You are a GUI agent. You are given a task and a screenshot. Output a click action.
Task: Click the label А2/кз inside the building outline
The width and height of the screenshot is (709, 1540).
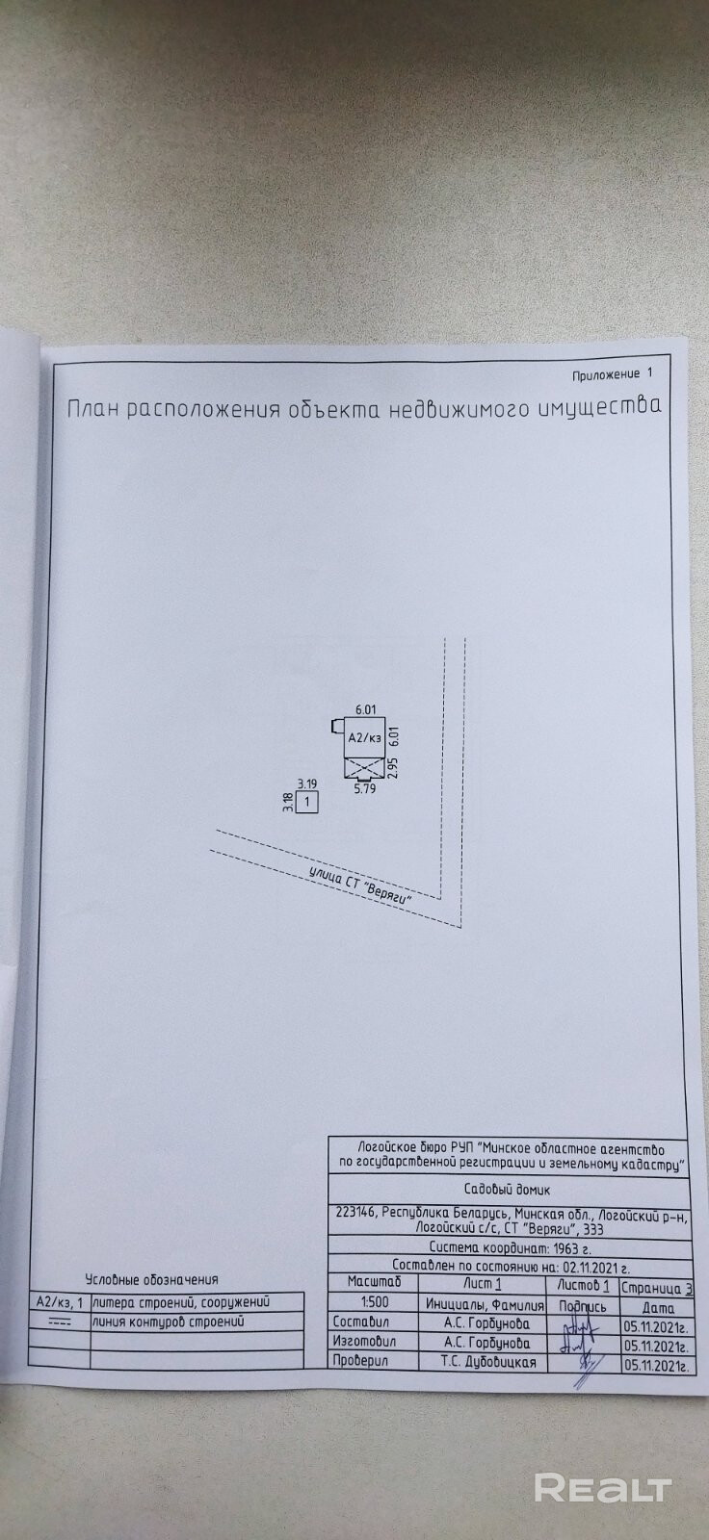pyautogui.click(x=365, y=739)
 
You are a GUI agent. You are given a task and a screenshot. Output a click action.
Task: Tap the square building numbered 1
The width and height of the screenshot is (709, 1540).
pyautogui.click(x=307, y=801)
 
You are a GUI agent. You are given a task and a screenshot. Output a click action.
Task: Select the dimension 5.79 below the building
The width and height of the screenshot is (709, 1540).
pyautogui.click(x=363, y=788)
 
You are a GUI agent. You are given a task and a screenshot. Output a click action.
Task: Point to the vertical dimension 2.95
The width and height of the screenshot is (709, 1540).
pyautogui.click(x=393, y=766)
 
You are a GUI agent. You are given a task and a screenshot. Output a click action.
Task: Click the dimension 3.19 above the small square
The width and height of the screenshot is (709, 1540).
pyautogui.click(x=306, y=783)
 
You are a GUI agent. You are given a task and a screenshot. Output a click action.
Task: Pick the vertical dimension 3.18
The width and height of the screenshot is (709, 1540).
pyautogui.click(x=287, y=802)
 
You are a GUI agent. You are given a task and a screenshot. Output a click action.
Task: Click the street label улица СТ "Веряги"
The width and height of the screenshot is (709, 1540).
pyautogui.click(x=360, y=884)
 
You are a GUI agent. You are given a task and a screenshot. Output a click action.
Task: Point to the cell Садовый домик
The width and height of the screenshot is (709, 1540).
pyautogui.click(x=509, y=1190)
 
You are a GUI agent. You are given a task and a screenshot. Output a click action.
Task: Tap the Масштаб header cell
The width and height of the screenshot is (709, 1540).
pyautogui.click(x=357, y=1283)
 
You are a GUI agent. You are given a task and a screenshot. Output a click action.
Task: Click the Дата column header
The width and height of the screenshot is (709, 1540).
pyautogui.click(x=654, y=1307)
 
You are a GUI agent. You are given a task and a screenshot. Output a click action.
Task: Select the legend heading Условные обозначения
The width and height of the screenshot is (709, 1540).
pyautogui.click(x=151, y=1279)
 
